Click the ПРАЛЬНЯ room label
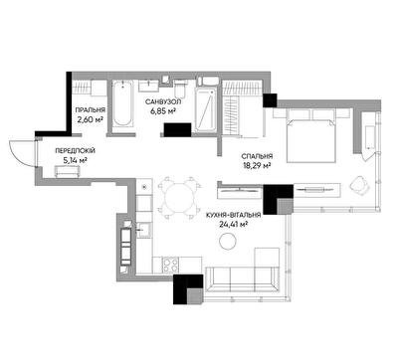tap(91, 110)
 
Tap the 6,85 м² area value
tap(163, 111)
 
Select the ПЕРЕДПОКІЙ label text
tap(75, 151)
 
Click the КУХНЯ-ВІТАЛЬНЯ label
tap(233, 216)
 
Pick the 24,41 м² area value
tap(234, 225)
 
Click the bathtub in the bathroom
tap(122, 102)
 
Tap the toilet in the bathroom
tap(180, 88)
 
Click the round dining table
tap(180, 198)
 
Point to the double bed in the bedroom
tap(311, 136)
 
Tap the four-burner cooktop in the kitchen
tap(170, 266)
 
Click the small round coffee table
tap(229, 241)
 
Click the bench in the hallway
tap(68, 171)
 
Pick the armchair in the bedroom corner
tap(359, 185)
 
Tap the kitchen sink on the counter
tap(144, 230)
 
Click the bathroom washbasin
tap(148, 86)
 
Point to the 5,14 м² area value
tap(75, 161)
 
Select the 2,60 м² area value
tap(90, 119)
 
